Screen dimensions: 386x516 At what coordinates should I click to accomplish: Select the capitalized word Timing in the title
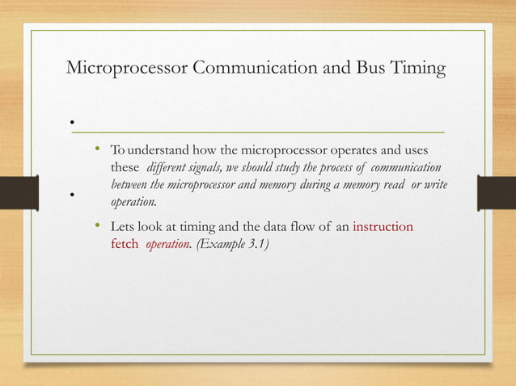point(418,69)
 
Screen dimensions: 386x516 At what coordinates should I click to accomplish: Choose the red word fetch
point(124,242)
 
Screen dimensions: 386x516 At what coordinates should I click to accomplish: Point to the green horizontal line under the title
point(259,131)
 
